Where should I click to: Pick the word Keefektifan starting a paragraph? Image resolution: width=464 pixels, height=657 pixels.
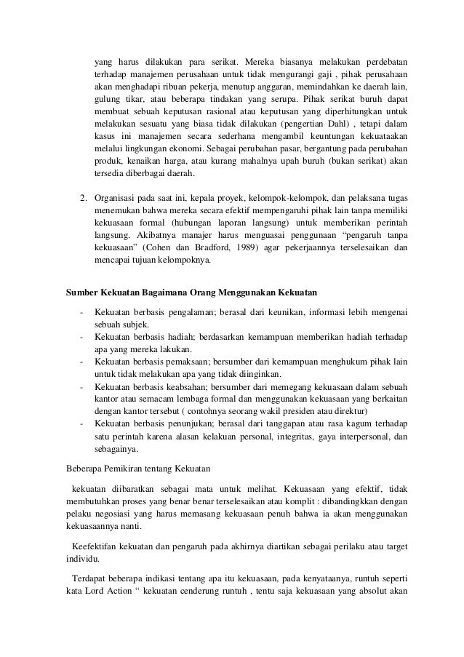[90, 546]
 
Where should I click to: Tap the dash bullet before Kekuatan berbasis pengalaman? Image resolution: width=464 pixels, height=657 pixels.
[81, 312]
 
